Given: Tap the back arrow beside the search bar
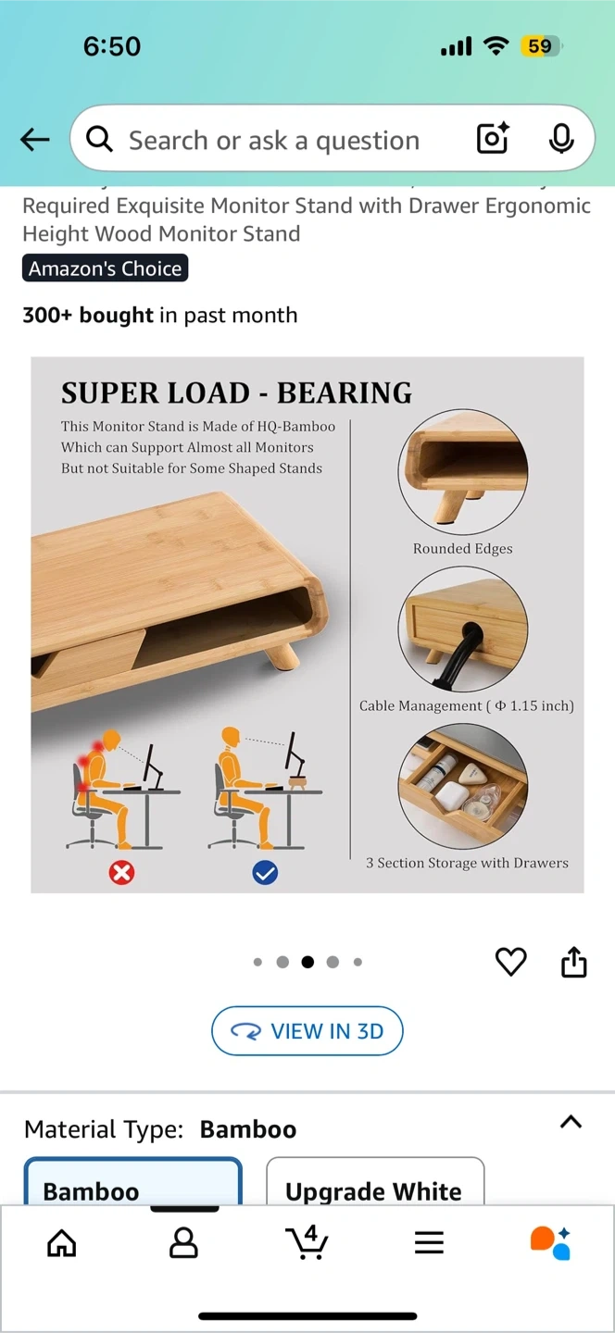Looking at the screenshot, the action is click(34, 140).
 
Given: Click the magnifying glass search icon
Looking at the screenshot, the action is click(99, 140).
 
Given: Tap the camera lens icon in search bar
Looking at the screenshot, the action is click(493, 139).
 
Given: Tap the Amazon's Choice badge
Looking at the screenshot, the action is click(106, 268).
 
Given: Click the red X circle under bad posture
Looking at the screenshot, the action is click(121, 873).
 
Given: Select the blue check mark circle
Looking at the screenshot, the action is click(265, 873).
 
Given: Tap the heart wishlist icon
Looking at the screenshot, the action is click(511, 962).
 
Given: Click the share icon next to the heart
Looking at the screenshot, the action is click(574, 962).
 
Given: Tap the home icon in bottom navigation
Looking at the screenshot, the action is click(62, 1242).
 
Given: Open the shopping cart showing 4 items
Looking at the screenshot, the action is click(307, 1242).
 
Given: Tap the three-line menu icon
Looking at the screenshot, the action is click(429, 1242).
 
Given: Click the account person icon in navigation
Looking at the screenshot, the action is click(183, 1242).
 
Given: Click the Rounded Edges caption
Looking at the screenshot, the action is click(462, 548).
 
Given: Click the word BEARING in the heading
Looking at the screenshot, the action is click(345, 392).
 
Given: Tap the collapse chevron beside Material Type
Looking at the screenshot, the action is click(571, 1122).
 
